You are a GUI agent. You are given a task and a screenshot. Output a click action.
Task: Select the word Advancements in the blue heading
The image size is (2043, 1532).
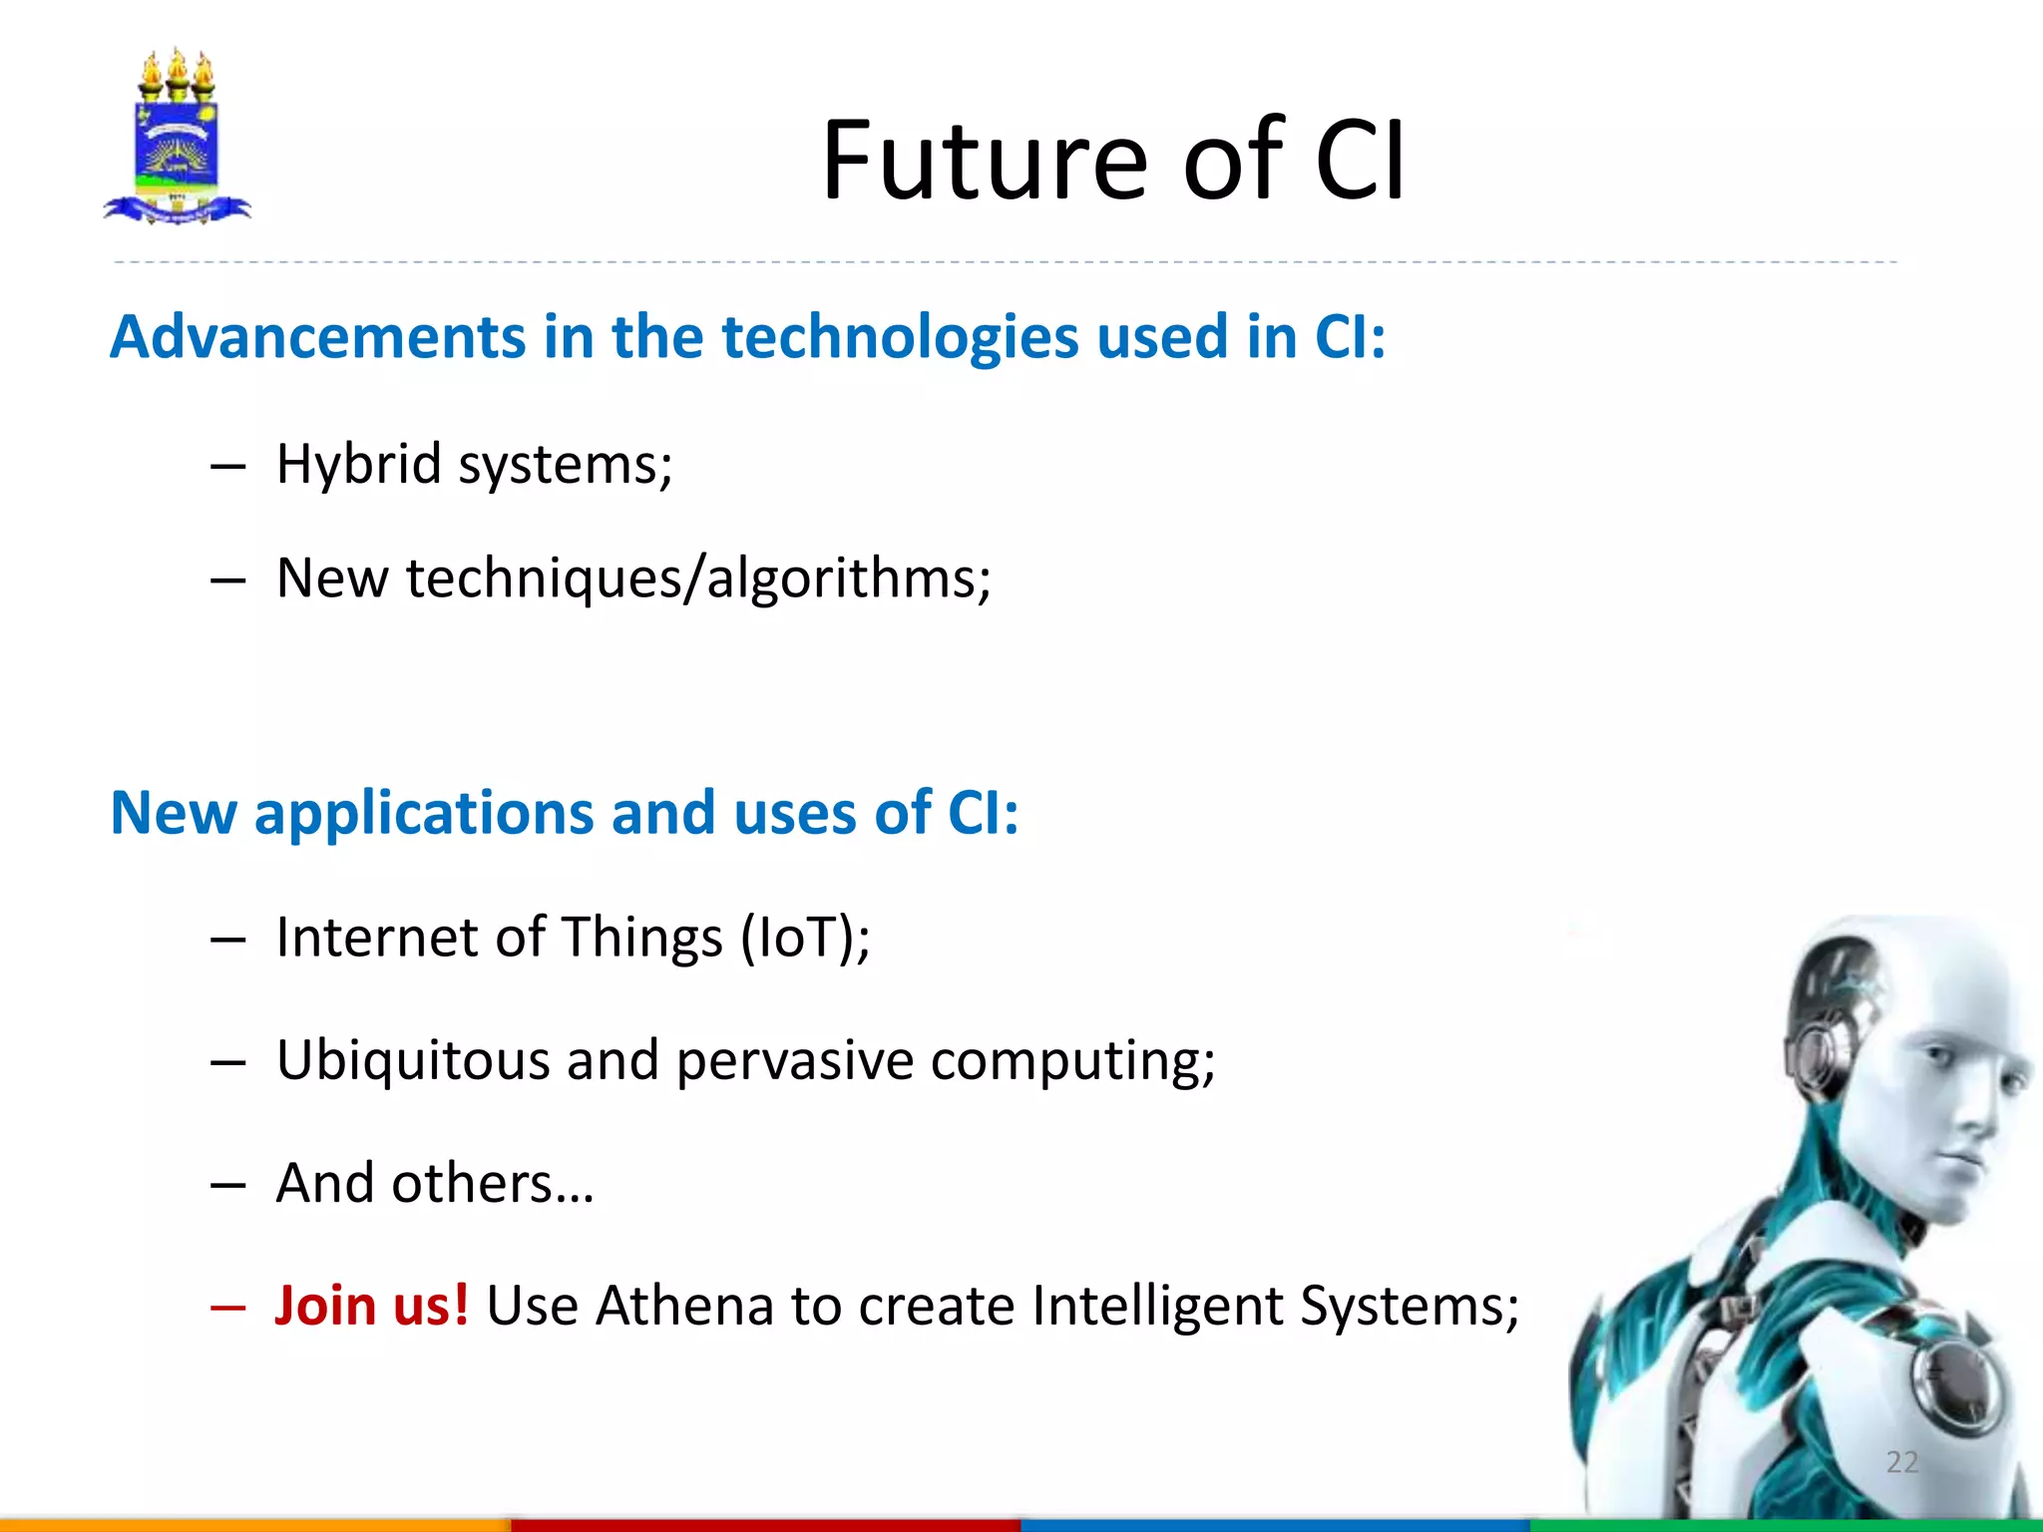click(317, 336)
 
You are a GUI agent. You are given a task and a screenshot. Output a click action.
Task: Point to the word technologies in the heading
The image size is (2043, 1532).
click(900, 338)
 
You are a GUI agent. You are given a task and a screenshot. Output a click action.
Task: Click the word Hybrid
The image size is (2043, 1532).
click(358, 465)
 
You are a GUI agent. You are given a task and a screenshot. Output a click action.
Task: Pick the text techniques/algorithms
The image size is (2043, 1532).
click(698, 578)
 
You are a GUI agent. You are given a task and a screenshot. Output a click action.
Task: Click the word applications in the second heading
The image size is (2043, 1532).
click(423, 813)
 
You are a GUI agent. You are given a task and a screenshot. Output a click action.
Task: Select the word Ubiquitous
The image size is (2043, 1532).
click(413, 1060)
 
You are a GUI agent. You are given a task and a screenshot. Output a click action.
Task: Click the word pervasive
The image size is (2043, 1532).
click(794, 1061)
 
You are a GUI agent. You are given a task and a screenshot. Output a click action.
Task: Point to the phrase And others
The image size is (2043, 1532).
click(434, 1184)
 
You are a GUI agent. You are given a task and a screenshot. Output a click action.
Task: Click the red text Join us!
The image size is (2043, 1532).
click(372, 1306)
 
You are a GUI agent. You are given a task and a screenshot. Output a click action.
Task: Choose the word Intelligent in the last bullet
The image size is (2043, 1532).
click(1156, 1306)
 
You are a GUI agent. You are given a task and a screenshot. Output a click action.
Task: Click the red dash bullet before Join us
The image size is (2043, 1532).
click(227, 1308)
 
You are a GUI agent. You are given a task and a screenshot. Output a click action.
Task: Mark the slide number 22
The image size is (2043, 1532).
click(1901, 1462)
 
